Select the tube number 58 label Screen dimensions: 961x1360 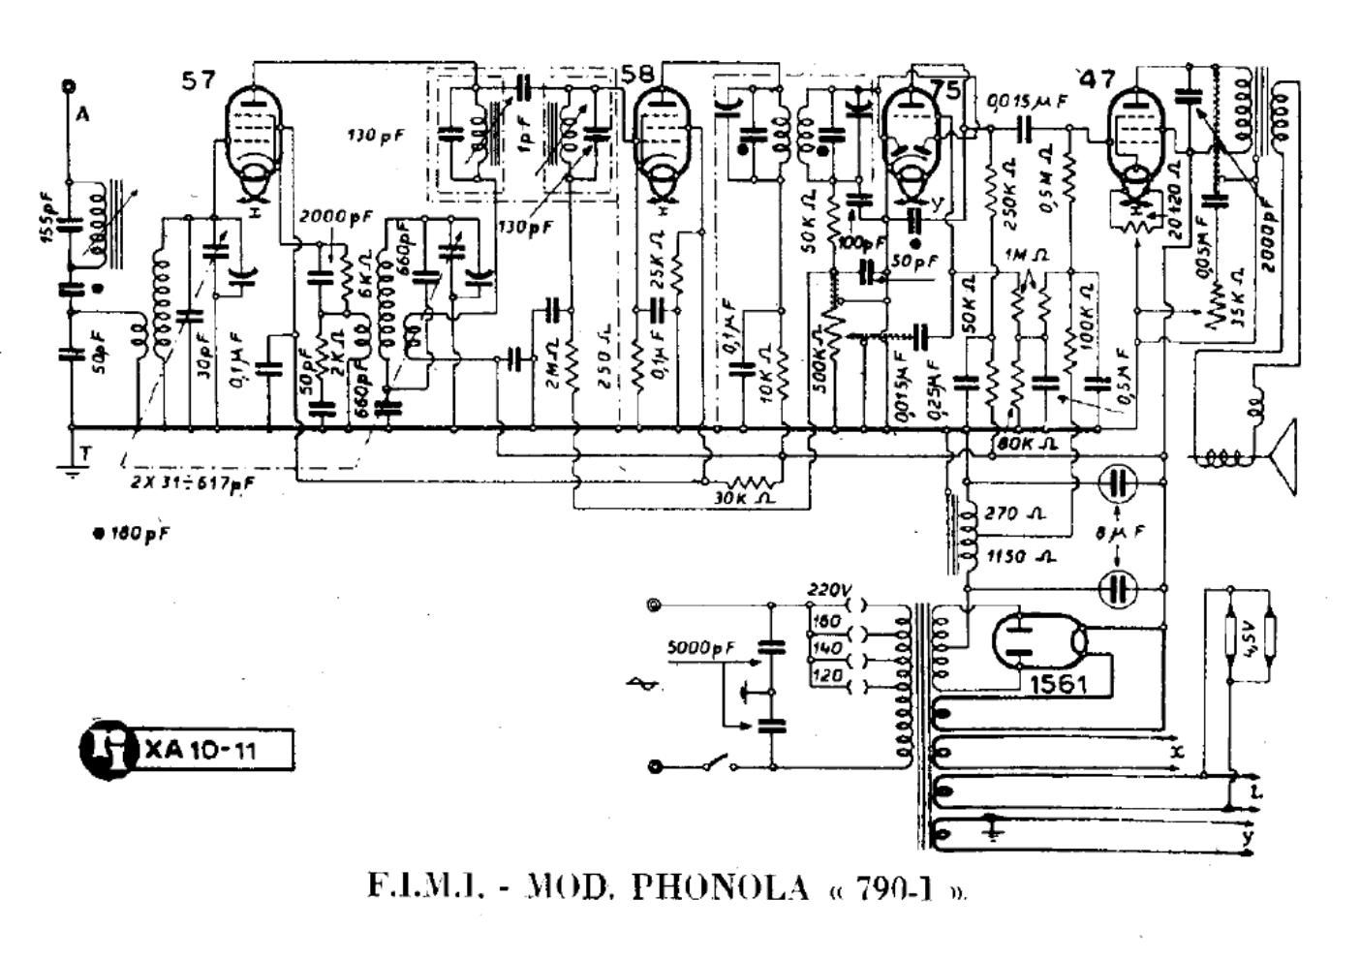pos(637,74)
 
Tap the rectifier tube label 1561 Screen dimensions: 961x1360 pos(1058,684)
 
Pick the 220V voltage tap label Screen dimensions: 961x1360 pos(826,588)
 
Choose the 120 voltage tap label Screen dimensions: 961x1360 pos(826,676)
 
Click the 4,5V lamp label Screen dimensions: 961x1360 pos(1251,640)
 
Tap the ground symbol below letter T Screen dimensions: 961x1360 pos(70,473)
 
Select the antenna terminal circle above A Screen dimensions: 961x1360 pos(69,86)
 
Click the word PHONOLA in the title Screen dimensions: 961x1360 pos(719,887)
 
